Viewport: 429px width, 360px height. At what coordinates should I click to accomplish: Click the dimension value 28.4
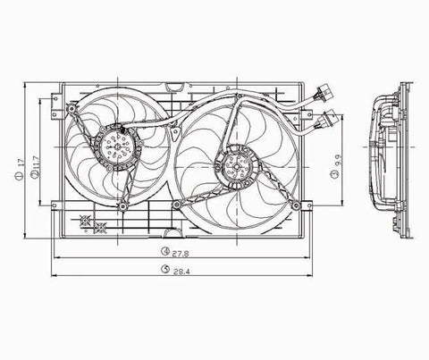pyautogui.click(x=181, y=272)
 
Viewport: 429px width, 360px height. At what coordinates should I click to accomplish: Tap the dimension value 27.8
pyautogui.click(x=181, y=254)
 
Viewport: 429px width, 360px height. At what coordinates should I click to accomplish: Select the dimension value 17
pyautogui.click(x=21, y=163)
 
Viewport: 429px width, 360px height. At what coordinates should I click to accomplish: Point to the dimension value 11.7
pyautogui.click(x=36, y=163)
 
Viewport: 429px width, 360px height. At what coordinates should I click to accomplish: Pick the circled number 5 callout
pyautogui.click(x=165, y=269)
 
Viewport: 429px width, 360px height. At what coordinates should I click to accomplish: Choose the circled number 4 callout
pyautogui.click(x=165, y=251)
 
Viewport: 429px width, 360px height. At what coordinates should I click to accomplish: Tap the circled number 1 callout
pyautogui.click(x=19, y=176)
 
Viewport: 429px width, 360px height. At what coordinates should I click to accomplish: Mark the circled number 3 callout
pyautogui.click(x=336, y=174)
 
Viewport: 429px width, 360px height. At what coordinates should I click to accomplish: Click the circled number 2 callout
pyautogui.click(x=35, y=176)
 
